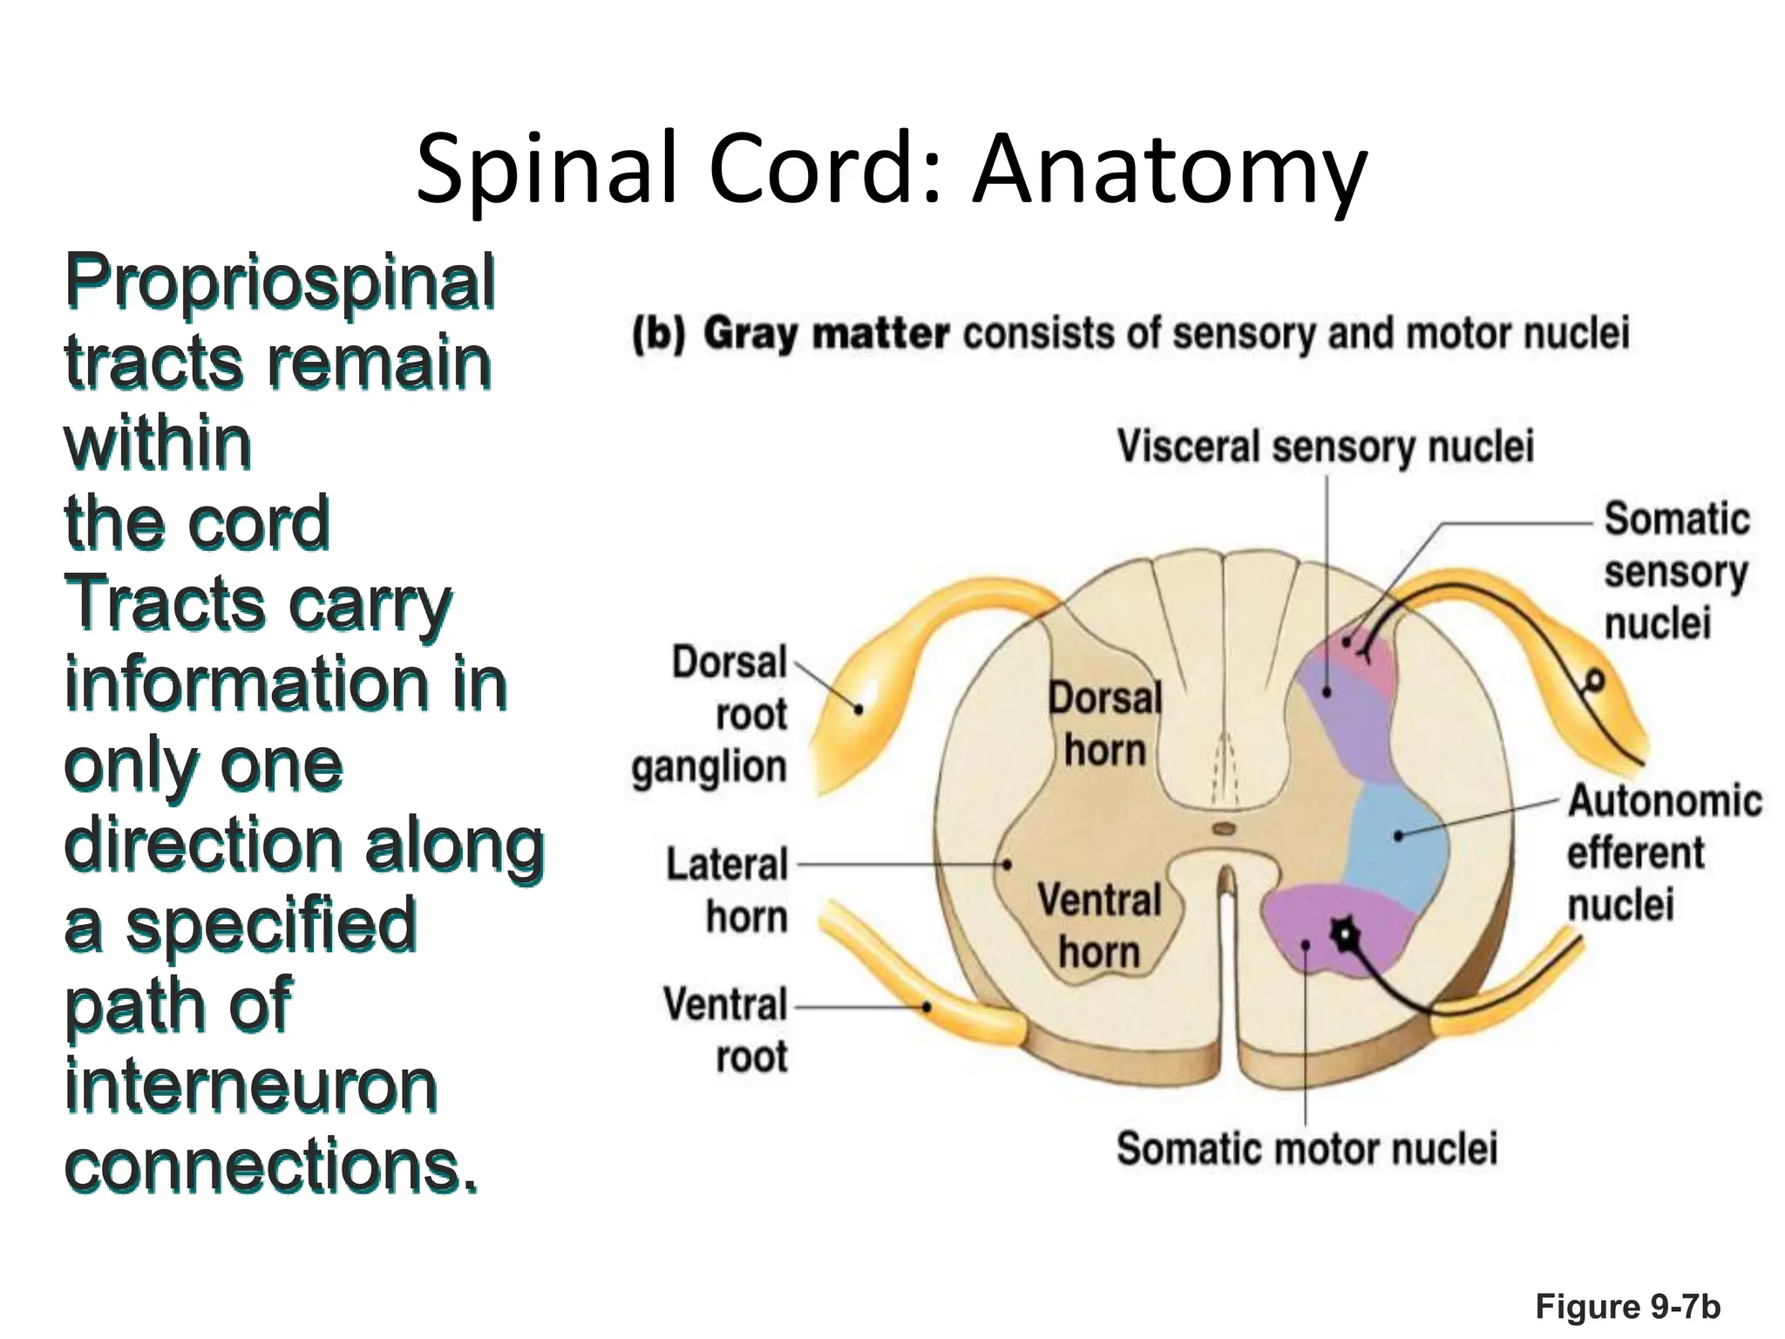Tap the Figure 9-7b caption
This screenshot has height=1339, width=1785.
point(1627,1307)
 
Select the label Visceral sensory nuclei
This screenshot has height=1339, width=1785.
point(1325,446)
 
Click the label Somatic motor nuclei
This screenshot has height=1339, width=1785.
point(1307,1148)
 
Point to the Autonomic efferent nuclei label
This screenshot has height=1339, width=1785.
point(1663,852)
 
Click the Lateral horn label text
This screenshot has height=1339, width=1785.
point(728,890)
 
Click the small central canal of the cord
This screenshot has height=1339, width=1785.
point(1224,829)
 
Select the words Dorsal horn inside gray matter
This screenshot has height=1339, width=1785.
point(1104,724)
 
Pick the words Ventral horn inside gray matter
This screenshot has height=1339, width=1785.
point(1099,925)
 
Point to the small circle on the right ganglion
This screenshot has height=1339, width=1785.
point(1595,679)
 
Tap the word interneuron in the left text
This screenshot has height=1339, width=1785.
point(251,1086)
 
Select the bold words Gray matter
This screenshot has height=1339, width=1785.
point(825,334)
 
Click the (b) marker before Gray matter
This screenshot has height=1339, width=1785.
point(659,334)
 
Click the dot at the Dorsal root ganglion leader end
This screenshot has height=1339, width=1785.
point(859,710)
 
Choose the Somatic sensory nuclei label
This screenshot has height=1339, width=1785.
point(1675,571)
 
